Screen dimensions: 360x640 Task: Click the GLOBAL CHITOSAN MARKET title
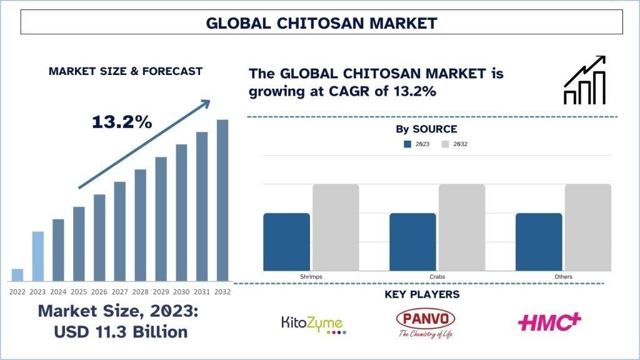tap(321, 23)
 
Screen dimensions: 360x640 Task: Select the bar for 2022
tap(17, 275)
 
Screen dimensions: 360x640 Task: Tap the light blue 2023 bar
tap(37, 256)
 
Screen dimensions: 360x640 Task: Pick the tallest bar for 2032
tap(222, 200)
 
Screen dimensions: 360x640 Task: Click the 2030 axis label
tap(181, 291)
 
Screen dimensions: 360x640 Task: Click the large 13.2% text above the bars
tap(122, 122)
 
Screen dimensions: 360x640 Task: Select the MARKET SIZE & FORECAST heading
tap(126, 71)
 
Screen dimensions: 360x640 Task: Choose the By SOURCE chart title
tap(426, 129)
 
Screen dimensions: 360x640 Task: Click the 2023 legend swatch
tap(407, 144)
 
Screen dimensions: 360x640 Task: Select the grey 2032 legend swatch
tap(445, 144)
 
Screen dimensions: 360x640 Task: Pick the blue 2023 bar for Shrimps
tap(286, 242)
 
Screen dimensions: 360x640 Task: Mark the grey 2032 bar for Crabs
tap(462, 227)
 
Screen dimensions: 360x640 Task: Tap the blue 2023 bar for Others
tap(539, 242)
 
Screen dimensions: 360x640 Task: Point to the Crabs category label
tap(437, 276)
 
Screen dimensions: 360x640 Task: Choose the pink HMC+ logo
tap(549, 322)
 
